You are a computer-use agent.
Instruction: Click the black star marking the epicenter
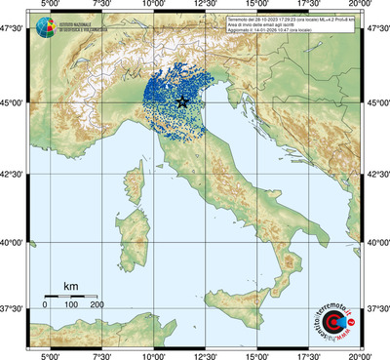(x=182, y=101)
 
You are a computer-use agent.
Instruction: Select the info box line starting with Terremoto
(x=298, y=20)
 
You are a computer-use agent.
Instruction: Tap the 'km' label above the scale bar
(x=70, y=286)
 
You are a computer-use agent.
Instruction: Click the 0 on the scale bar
(x=45, y=304)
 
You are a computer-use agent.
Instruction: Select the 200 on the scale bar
(x=97, y=304)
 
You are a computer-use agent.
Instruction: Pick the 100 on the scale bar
(x=71, y=304)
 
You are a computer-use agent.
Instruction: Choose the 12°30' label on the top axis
(x=204, y=7)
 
